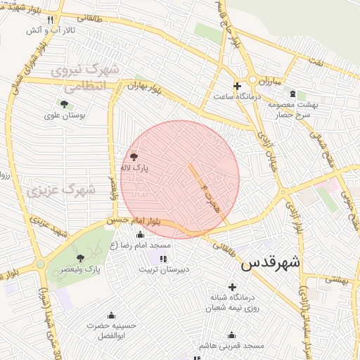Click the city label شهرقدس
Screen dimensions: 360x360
point(270,264)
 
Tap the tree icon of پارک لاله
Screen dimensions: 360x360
point(134,157)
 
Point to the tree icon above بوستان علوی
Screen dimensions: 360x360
point(64,105)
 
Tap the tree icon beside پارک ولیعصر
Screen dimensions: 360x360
point(80,258)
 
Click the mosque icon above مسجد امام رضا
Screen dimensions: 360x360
point(140,235)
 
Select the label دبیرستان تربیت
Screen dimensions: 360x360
point(163,269)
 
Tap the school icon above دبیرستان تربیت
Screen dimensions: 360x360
point(164,259)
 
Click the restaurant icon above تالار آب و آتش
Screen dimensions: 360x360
point(49,19)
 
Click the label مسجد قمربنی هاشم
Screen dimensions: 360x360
point(231,346)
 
